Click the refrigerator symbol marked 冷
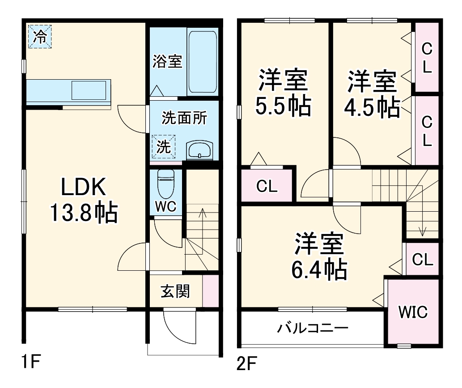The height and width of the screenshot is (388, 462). (x=40, y=37)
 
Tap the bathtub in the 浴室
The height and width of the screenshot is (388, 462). (x=203, y=62)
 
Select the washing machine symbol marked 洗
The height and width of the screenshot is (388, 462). (x=164, y=146)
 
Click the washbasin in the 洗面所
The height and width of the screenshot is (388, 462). (x=200, y=150)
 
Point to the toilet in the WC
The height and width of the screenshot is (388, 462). (x=166, y=184)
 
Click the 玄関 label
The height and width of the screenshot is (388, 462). (x=175, y=292)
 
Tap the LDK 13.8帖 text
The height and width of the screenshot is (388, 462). (x=83, y=200)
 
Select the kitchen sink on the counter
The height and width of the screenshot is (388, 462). (x=89, y=90)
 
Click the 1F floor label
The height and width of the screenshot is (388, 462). (x=31, y=362)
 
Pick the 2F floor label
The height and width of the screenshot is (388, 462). (x=247, y=363)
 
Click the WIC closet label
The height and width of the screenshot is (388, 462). (x=413, y=311)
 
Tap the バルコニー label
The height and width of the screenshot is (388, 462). (x=313, y=328)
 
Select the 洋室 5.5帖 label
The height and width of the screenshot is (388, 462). (x=283, y=92)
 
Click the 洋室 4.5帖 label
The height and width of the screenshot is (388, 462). (x=372, y=94)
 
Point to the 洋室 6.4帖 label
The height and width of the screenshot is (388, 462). (x=319, y=256)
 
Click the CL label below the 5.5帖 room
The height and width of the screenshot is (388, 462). (x=267, y=186)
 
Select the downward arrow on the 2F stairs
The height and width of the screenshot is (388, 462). (x=423, y=210)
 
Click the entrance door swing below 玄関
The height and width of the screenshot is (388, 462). (x=179, y=326)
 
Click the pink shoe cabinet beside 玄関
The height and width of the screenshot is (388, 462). (x=211, y=291)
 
